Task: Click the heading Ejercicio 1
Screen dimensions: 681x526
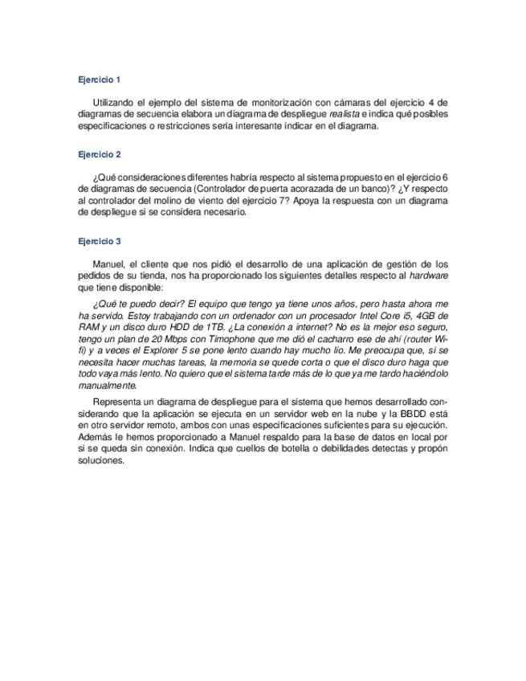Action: [x=100, y=80]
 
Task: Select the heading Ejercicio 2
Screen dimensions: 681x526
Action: [x=100, y=153]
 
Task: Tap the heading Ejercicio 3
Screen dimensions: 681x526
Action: [x=100, y=240]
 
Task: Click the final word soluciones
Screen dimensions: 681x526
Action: [x=102, y=461]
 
